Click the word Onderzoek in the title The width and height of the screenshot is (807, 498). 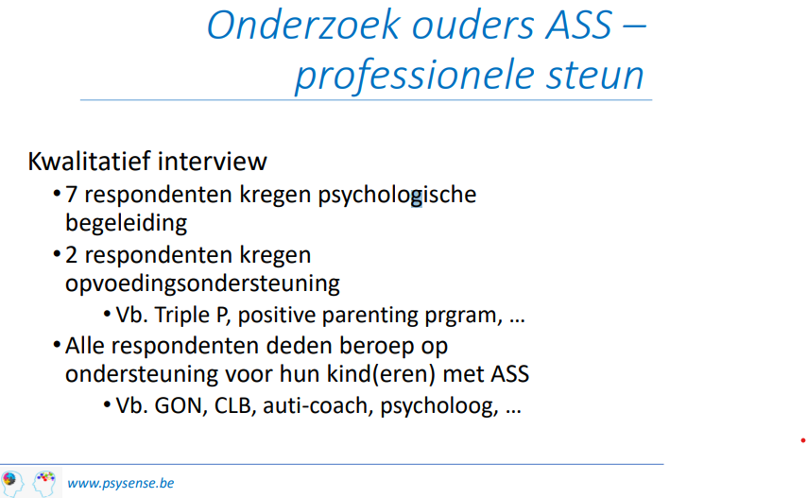[303, 25]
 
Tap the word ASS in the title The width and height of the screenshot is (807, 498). [578, 25]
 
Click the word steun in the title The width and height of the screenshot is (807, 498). [595, 75]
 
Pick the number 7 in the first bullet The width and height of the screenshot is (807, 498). [71, 195]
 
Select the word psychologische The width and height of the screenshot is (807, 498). [397, 196]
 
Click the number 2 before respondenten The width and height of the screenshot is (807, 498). [71, 255]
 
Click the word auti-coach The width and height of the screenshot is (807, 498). [318, 406]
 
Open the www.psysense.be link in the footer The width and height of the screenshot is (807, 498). [120, 484]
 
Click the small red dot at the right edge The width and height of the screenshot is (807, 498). [803, 440]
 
